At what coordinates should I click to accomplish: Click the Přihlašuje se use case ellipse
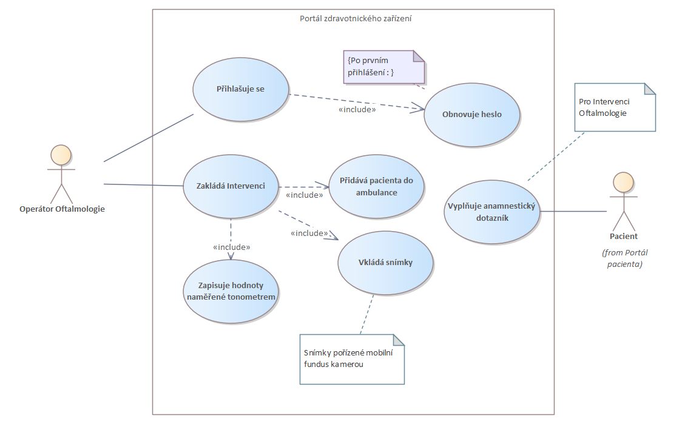(241, 89)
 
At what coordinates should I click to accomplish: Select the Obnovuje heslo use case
(471, 114)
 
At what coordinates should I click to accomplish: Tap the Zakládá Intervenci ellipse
(231, 186)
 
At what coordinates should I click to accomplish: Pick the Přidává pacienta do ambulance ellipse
(377, 187)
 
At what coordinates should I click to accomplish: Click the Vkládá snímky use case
(386, 262)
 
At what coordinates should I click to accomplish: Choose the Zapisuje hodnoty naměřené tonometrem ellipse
(231, 291)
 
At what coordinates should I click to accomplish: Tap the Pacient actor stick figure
(623, 200)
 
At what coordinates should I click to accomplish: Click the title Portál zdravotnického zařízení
(356, 18)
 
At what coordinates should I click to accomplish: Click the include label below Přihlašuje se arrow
(357, 110)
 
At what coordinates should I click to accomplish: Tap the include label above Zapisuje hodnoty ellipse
(232, 247)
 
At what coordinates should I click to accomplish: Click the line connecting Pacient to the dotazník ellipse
(573, 211)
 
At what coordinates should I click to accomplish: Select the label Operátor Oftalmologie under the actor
(62, 209)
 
